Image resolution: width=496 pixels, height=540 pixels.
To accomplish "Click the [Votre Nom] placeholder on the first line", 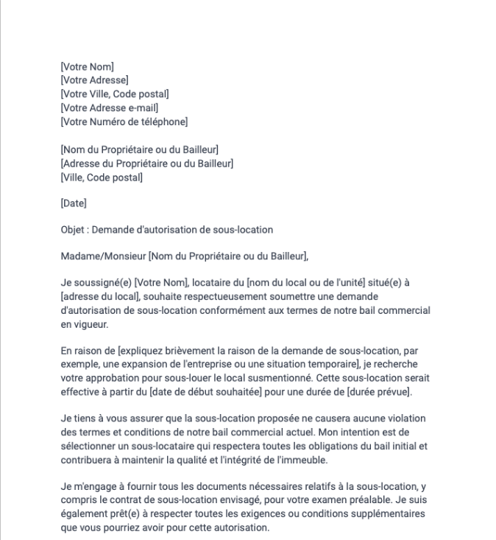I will pyautogui.click(x=87, y=67).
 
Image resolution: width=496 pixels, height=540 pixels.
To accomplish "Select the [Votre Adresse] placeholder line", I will pyautogui.click(x=94, y=80).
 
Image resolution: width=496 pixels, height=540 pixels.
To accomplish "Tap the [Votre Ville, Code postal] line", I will pyautogui.click(x=115, y=94).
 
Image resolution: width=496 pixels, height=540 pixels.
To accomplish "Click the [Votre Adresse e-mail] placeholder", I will pyautogui.click(x=110, y=108).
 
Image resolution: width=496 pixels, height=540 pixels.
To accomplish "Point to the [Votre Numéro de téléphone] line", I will pyautogui.click(x=124, y=121).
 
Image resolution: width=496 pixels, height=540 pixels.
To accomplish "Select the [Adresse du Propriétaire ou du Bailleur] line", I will pyautogui.click(x=147, y=164).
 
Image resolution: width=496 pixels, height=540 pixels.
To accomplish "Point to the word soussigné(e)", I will pyautogui.click(x=100, y=284).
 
